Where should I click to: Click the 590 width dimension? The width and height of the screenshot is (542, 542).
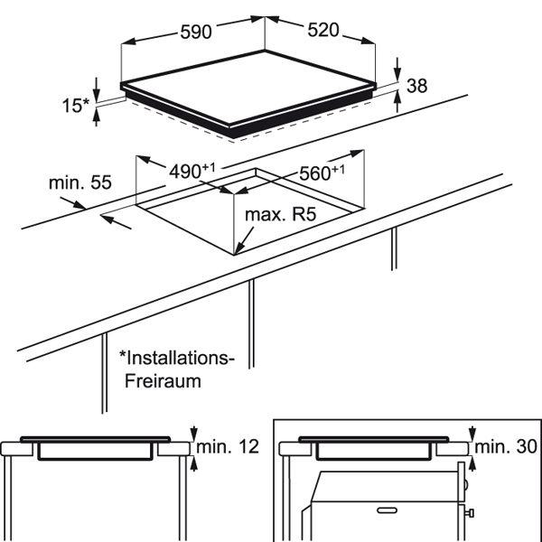(196, 32)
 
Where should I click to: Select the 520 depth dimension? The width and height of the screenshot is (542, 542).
(323, 30)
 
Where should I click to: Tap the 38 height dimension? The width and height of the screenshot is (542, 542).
(416, 86)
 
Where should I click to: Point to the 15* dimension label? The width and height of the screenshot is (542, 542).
(76, 106)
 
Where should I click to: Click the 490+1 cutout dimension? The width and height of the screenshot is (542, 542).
(192, 171)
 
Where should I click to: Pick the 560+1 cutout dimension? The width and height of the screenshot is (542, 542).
(322, 173)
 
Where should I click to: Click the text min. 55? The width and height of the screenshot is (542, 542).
(80, 182)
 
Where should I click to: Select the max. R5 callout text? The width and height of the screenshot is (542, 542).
(280, 214)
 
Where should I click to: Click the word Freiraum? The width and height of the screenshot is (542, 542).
(163, 381)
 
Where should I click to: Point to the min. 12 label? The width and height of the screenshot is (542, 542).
(228, 446)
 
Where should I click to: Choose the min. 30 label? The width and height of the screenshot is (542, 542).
(506, 446)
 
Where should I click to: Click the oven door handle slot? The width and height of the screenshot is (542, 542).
(388, 510)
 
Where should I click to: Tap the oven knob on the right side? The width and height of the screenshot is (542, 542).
(469, 513)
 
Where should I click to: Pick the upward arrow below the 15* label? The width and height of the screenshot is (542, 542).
(97, 117)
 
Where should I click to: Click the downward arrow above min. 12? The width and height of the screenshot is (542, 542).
(194, 434)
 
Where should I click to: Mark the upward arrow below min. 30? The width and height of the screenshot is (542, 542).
(472, 463)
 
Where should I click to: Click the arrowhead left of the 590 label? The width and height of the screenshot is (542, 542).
(128, 42)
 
